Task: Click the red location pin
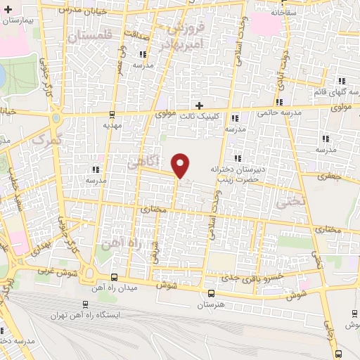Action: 181,165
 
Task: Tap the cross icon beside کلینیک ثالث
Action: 200,105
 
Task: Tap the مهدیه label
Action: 113,125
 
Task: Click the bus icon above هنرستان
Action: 211,292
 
